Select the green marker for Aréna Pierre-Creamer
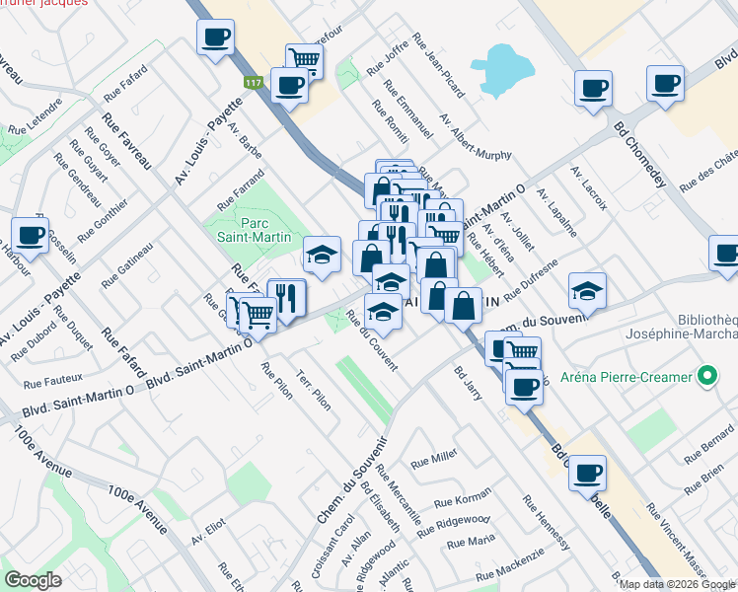(706, 376)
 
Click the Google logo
(34, 579)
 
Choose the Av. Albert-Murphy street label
(477, 137)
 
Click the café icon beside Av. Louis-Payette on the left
(31, 236)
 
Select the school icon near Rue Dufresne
(587, 289)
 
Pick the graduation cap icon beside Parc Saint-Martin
(321, 255)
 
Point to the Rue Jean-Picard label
(440, 66)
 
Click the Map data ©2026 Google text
(676, 584)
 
